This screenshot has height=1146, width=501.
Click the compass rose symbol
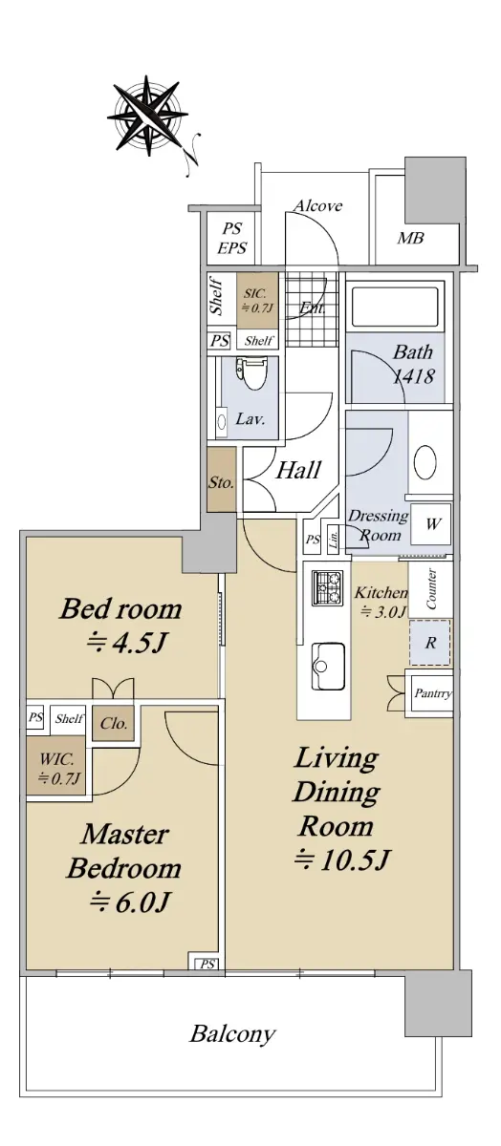[148, 115]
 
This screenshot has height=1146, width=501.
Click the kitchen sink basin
[328, 667]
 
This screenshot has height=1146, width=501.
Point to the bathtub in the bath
[395, 307]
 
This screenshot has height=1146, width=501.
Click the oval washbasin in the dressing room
[425, 462]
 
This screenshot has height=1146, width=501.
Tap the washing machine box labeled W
[431, 524]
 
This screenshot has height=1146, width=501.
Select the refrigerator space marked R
[430, 643]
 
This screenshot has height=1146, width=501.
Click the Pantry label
[433, 693]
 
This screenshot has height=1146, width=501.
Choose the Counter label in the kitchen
[431, 588]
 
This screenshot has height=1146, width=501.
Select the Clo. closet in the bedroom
[114, 723]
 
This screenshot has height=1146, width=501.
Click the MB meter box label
[411, 238]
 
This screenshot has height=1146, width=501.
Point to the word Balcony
[233, 1034]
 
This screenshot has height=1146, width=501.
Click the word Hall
[298, 470]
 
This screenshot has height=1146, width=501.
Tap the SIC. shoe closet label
[254, 294]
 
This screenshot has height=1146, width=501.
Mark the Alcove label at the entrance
[318, 205]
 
